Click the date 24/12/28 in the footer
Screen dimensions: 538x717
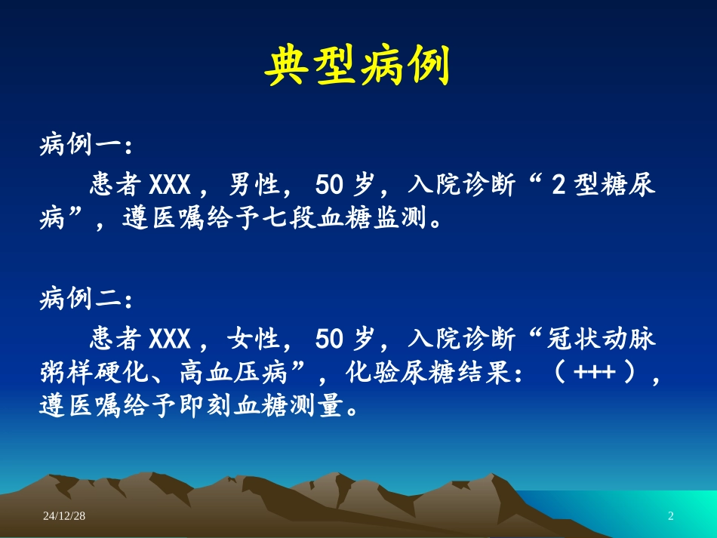point(64,516)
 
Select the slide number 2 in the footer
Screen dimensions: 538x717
point(670,516)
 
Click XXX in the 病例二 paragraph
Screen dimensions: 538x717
point(171,340)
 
